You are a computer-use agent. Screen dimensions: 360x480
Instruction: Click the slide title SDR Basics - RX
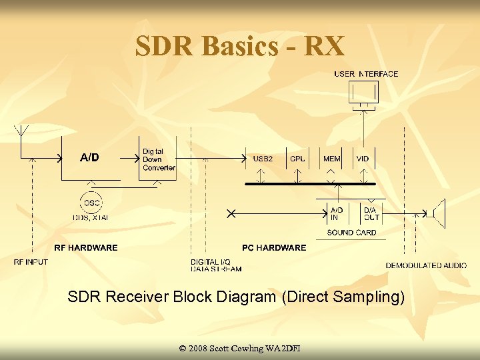point(239,46)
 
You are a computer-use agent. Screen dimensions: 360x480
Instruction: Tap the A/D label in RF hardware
point(89,158)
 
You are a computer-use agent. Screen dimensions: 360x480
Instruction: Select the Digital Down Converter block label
point(159,159)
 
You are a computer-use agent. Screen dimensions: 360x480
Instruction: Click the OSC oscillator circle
point(91,202)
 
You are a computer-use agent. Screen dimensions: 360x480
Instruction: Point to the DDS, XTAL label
point(91,217)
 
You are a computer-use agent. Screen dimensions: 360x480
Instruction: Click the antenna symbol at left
point(22,132)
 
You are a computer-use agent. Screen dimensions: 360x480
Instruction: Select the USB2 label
point(263,159)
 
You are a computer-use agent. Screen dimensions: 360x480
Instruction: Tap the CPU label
point(298,159)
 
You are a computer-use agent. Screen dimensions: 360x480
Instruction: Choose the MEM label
point(332,159)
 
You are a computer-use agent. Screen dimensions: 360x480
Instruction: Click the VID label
point(363,159)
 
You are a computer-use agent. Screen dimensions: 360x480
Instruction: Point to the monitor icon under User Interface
point(363,93)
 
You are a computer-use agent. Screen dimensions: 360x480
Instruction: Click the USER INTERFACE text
point(366,74)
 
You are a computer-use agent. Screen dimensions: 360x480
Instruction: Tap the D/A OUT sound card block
point(371,213)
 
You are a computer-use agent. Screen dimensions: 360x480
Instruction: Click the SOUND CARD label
point(351,233)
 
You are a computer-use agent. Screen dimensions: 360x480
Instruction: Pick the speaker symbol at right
point(437,213)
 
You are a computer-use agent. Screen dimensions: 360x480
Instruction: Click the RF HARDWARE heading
point(85,247)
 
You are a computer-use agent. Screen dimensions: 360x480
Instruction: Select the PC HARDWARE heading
point(274,247)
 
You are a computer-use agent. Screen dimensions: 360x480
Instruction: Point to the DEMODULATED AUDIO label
point(426,265)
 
